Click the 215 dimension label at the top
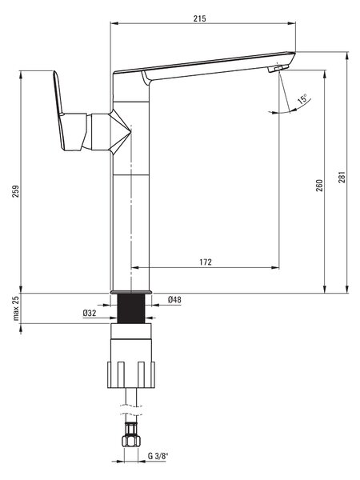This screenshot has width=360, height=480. (199, 18)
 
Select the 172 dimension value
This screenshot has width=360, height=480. (206, 262)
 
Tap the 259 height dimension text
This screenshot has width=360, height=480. (15, 191)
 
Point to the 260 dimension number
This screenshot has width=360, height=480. (319, 186)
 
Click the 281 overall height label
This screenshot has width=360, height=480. (342, 177)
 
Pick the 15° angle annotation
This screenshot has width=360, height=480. (302, 99)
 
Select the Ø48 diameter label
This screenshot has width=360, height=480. (174, 300)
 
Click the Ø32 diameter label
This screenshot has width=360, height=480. (90, 313)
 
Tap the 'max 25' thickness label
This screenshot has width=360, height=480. (15, 308)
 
